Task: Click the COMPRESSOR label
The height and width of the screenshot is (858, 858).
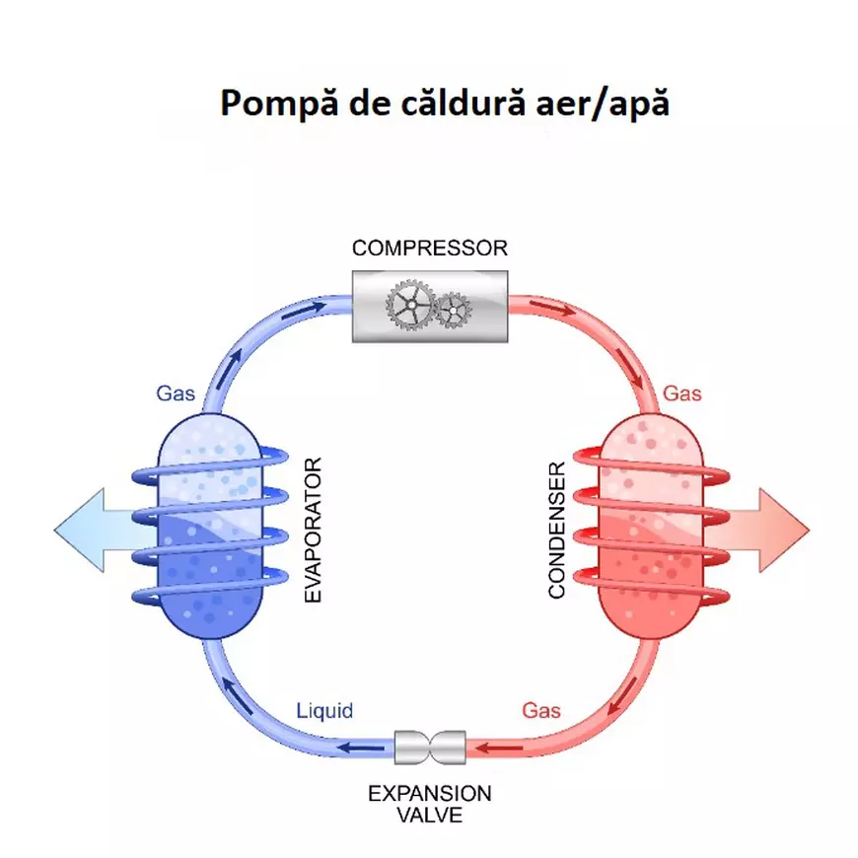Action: click(429, 248)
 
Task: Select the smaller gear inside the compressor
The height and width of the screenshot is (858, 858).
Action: click(452, 312)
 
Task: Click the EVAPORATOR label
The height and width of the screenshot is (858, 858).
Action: click(314, 530)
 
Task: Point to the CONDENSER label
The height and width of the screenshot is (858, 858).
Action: click(557, 530)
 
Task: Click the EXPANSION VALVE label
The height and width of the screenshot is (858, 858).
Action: click(429, 804)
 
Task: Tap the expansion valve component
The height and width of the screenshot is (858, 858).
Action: click(429, 747)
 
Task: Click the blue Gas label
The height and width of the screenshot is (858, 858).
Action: click(176, 393)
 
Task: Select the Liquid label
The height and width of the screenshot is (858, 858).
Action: click(324, 710)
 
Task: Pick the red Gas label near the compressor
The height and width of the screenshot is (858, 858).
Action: click(681, 393)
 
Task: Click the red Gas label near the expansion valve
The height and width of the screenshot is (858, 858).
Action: click(541, 710)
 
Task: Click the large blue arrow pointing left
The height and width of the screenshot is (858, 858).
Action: click(89, 530)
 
